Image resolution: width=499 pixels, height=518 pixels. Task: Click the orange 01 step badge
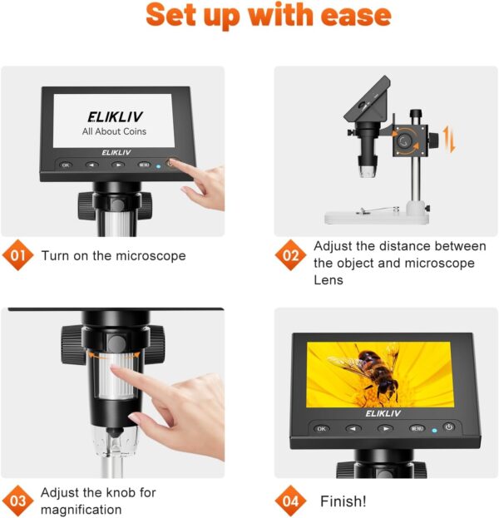pos(18,255)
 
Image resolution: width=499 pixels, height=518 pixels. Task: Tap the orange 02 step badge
pos(290,255)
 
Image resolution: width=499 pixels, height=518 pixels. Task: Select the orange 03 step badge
pos(18,501)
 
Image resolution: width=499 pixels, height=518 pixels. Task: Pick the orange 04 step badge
pos(290,501)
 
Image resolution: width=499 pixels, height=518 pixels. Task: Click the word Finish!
pos(343,501)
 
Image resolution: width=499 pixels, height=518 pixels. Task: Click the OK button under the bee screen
pos(321,429)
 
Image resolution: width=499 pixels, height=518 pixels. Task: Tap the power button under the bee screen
pos(449,427)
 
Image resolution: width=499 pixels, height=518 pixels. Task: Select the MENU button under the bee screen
pos(417,429)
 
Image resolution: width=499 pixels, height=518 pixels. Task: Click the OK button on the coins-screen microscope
pos(66,165)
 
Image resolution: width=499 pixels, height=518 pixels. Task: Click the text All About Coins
pos(114,131)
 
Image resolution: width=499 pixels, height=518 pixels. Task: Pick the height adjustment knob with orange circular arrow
pos(405,141)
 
